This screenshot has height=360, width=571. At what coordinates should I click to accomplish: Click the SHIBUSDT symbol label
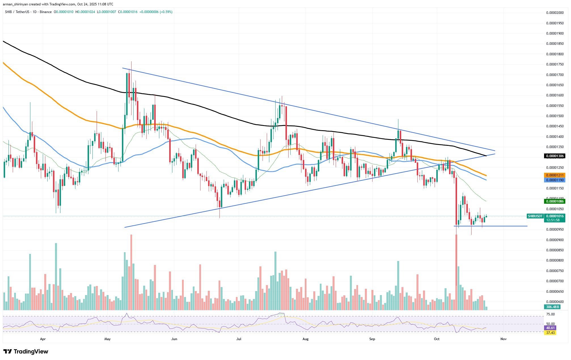pos(535,216)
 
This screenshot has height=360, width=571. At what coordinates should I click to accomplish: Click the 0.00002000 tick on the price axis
pos(555,13)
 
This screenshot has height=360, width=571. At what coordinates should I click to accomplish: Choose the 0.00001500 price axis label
pos(555,116)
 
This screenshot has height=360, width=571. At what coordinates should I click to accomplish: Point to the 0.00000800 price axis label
pos(555,260)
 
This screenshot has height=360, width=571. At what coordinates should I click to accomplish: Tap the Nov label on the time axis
pos(503,339)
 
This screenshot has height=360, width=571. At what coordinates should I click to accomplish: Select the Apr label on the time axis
pos(43,339)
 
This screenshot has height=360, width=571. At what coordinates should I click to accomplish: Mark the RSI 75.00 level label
pos(550,314)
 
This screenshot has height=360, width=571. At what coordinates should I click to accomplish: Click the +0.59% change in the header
pos(166,12)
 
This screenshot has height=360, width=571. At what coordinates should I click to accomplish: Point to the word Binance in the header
pos(46,12)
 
